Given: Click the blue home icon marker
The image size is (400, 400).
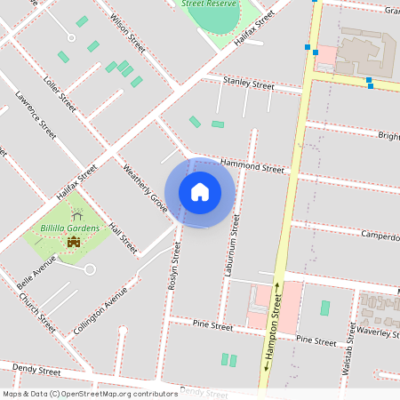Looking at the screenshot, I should [x=200, y=192].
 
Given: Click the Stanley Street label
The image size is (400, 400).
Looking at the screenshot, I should [x=249, y=84].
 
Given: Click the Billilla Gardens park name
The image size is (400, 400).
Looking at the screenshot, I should [x=70, y=228].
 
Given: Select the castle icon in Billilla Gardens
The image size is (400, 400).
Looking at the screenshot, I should [x=74, y=242].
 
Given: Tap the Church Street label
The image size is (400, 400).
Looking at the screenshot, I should [x=36, y=312].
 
